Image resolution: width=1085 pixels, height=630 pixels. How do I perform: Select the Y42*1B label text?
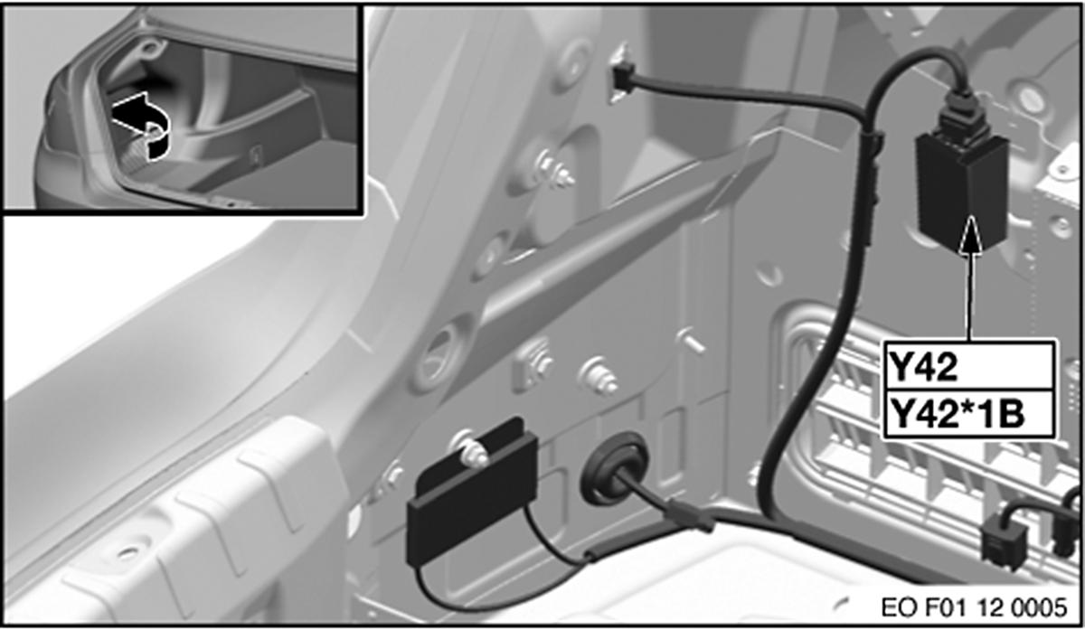[958, 416]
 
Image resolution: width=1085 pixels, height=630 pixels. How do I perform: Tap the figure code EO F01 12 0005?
[974, 608]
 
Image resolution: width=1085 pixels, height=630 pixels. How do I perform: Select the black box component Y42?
[961, 192]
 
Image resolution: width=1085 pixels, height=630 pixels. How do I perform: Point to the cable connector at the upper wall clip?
[621, 80]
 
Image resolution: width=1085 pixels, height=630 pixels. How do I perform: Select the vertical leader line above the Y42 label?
[969, 296]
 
